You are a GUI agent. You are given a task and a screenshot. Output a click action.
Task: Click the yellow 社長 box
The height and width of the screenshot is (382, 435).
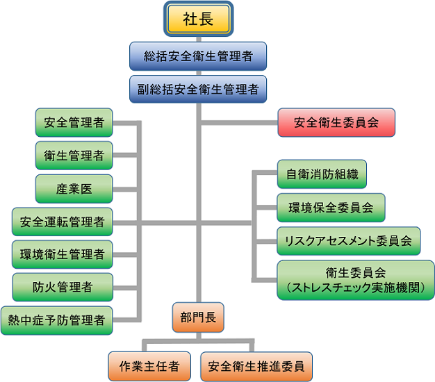coord(198,19)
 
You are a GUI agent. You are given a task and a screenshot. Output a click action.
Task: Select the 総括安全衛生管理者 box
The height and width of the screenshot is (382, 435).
coord(198,56)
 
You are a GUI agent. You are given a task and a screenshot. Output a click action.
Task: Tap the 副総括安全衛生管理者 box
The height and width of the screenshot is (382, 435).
coord(198,90)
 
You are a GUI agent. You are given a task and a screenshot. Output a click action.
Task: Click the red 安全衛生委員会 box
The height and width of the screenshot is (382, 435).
coord(336,122)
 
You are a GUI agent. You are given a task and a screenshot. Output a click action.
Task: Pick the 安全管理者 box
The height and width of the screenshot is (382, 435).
coord(74,122)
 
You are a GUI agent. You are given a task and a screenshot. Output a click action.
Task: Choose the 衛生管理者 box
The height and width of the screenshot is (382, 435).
coord(74,156)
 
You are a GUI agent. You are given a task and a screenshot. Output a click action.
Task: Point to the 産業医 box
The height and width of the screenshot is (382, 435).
coord(74,189)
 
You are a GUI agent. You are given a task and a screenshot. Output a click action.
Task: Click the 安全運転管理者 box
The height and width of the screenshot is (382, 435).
coord(62,222)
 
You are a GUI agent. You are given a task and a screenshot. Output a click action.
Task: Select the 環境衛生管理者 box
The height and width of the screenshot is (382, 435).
coord(62,254)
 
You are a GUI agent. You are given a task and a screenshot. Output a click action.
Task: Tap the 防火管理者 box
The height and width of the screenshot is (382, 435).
coord(63,287)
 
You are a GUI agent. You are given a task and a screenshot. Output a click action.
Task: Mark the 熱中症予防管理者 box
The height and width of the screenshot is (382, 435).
coord(56,320)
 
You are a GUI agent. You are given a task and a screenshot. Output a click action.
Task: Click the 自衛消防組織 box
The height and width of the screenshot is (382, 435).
coord(322,174)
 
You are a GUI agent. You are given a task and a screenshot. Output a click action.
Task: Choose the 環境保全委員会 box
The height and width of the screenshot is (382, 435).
coord(331,208)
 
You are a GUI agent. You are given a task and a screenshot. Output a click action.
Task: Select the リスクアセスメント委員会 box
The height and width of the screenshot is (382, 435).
coord(348,241)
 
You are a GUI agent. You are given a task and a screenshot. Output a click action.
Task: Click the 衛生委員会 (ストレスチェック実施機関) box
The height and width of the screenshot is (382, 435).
coord(356,280)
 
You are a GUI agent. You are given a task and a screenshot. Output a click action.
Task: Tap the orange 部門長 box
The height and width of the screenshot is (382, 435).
coord(198,317)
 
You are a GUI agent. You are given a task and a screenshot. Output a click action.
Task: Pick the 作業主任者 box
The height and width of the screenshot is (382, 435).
coord(149,367)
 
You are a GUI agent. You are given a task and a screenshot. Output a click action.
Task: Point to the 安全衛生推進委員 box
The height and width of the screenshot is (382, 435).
coord(256,367)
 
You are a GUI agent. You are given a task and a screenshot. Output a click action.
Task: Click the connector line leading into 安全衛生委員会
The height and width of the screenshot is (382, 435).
coord(240,123)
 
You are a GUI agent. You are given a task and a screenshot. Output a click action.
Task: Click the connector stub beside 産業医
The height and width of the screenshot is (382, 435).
coord(125,190)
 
